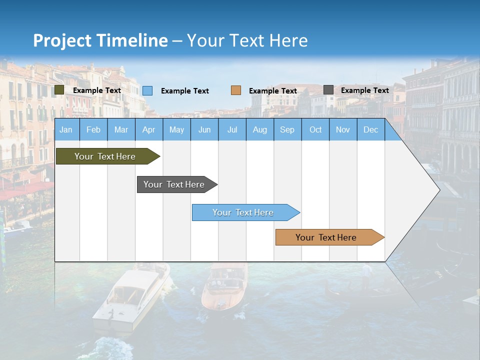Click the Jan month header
[x=66, y=129]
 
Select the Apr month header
[x=148, y=129]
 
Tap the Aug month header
[x=259, y=129]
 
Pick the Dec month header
[x=370, y=129]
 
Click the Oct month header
[x=315, y=129]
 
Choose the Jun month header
[x=204, y=129]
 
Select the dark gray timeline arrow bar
[x=175, y=184]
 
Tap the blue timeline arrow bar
[x=244, y=212]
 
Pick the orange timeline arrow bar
[x=327, y=237]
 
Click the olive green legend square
[x=59, y=90]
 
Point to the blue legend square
[x=147, y=90]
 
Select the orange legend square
[x=236, y=90]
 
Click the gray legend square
[x=328, y=90]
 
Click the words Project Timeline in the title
[x=100, y=40]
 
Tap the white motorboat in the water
[x=130, y=300]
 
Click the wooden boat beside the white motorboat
[x=223, y=287]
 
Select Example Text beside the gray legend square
[x=364, y=90]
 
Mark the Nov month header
[x=343, y=129]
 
